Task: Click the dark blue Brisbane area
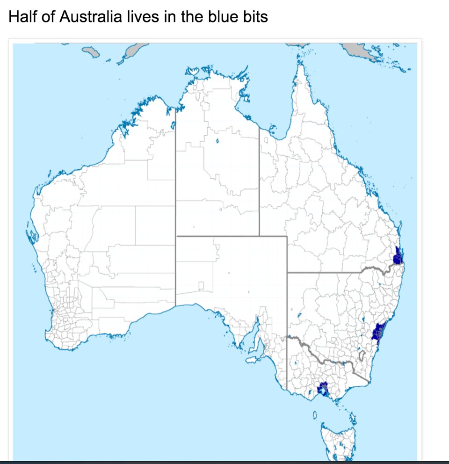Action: click(398, 256)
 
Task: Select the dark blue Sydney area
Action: click(377, 332)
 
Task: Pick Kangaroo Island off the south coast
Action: click(253, 360)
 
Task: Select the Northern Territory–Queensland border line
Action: click(259, 187)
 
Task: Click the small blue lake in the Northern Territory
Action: click(218, 141)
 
